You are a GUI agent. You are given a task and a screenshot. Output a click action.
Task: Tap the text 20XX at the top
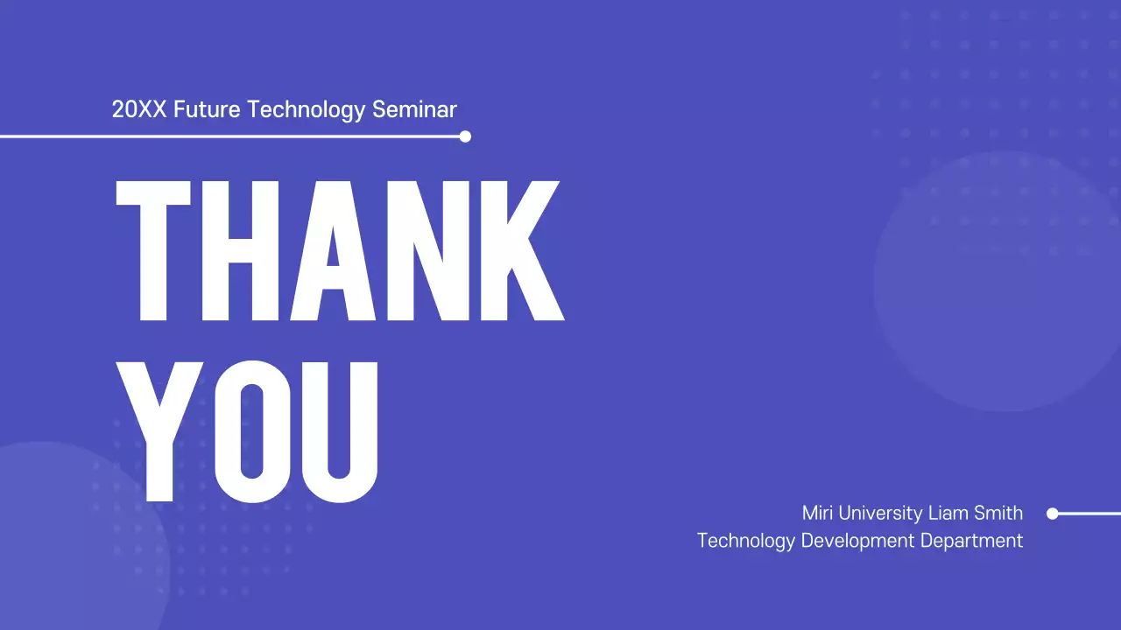pos(139,110)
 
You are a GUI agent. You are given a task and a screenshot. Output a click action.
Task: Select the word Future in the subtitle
pos(208,110)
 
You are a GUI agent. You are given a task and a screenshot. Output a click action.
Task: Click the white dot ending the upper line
pos(465,136)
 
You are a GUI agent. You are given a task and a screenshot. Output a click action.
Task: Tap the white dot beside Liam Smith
pos(1053,514)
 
